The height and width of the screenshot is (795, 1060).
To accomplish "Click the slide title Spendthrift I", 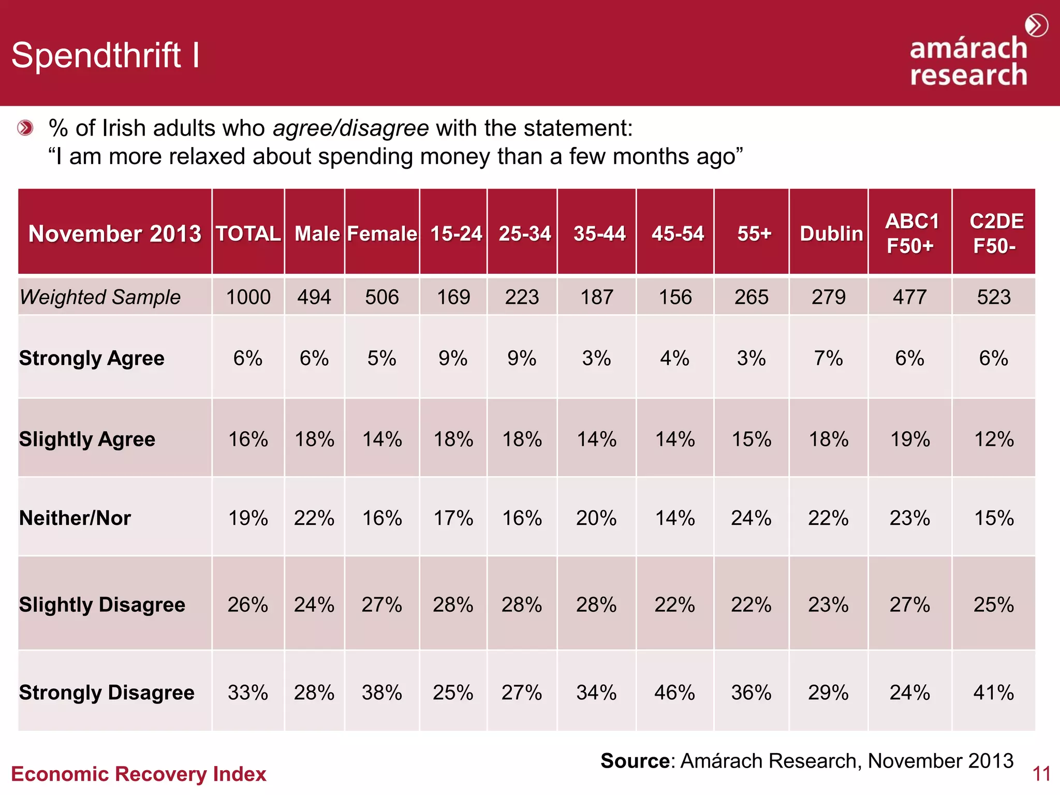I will click(x=105, y=55).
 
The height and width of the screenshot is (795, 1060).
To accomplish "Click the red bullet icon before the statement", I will click(x=25, y=128).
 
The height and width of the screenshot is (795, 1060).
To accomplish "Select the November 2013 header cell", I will click(x=114, y=233).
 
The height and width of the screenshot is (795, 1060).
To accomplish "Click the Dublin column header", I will click(x=831, y=233).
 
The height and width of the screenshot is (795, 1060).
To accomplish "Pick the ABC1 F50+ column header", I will click(x=911, y=233).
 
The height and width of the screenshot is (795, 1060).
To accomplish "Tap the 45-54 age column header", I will click(x=677, y=233).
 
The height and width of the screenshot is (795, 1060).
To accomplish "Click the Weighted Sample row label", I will click(x=100, y=297).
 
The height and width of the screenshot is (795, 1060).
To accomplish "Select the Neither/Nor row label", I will click(x=75, y=518).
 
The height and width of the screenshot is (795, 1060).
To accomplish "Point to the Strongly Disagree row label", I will click(x=107, y=693).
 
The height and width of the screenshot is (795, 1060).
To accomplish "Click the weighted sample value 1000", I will click(x=248, y=297).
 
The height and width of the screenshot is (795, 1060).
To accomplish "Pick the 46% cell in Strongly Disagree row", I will click(x=674, y=693).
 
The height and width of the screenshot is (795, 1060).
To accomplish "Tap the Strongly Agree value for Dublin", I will click(x=828, y=358).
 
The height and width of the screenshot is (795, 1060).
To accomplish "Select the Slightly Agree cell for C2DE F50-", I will click(x=994, y=439).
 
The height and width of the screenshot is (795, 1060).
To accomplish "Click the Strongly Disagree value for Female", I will click(x=382, y=693).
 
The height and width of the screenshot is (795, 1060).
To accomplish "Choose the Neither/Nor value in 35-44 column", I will click(x=596, y=518).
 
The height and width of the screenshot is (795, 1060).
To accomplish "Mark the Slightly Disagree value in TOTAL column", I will click(x=248, y=605).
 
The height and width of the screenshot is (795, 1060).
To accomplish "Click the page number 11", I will click(x=1041, y=774).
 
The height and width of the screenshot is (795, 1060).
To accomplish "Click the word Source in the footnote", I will click(x=635, y=761).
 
